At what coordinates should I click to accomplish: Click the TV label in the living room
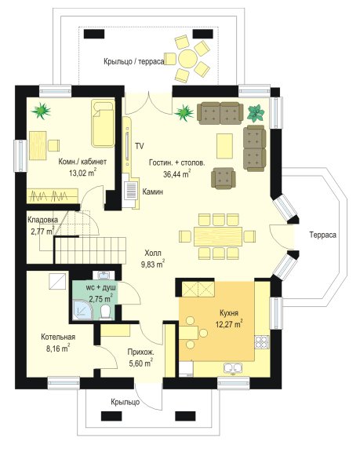(140, 146)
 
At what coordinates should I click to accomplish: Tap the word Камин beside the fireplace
(153, 192)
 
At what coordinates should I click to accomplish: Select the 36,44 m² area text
(176, 173)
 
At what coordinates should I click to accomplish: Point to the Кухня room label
(229, 312)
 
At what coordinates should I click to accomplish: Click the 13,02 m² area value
(82, 173)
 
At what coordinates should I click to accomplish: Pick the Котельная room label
(58, 337)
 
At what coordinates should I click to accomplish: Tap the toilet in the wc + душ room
(106, 312)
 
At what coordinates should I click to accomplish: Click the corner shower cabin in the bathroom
(82, 309)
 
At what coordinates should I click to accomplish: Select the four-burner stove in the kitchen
(262, 342)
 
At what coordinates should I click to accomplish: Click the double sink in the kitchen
(233, 368)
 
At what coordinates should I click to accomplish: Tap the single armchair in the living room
(224, 178)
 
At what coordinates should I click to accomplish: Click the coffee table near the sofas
(224, 146)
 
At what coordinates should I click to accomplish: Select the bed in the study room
(103, 123)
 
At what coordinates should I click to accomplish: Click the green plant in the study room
(42, 111)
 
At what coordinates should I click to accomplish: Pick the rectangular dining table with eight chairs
(218, 236)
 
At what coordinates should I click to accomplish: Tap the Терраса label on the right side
(323, 235)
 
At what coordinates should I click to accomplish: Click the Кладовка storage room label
(42, 220)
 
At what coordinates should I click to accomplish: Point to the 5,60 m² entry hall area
(141, 363)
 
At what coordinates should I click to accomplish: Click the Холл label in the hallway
(153, 253)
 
